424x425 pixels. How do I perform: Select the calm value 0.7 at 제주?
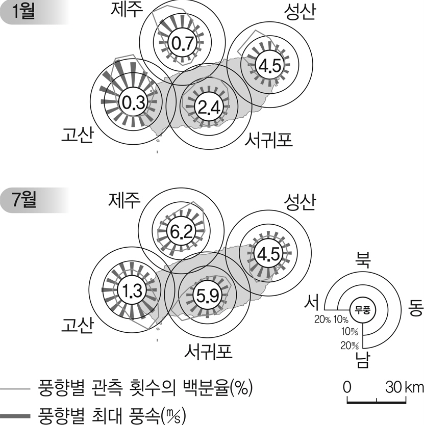[181, 44]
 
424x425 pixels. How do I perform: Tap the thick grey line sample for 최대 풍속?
[15, 416]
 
